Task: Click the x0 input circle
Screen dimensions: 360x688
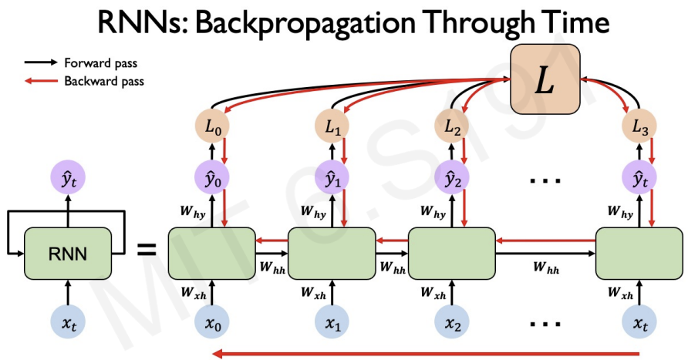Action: [213, 324]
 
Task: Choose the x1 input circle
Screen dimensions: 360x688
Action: [332, 324]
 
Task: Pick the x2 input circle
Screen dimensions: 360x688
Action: [452, 324]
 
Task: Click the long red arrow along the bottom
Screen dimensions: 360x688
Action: [424, 354]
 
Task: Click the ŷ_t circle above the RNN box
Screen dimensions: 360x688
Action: [69, 183]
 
